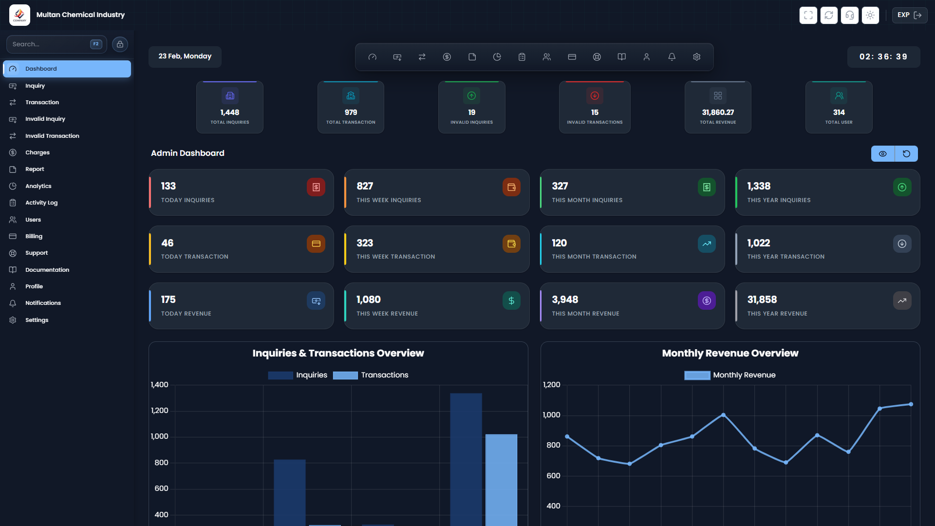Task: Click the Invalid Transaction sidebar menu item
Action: click(x=52, y=136)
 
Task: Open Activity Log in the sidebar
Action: click(x=41, y=203)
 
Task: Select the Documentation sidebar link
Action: click(x=47, y=270)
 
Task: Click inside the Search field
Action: click(x=49, y=44)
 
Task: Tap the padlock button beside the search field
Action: click(x=120, y=44)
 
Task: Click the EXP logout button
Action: click(x=909, y=15)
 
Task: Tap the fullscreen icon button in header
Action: click(x=808, y=15)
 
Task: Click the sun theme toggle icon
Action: click(x=870, y=15)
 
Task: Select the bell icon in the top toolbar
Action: click(x=672, y=57)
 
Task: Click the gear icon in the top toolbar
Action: click(x=696, y=57)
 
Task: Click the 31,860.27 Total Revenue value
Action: click(x=717, y=113)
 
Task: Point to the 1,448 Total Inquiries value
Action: click(x=229, y=113)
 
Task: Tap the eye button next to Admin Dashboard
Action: click(x=882, y=154)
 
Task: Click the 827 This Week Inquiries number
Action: click(x=364, y=186)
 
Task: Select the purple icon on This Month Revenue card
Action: click(x=706, y=301)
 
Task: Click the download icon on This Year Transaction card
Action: click(x=901, y=244)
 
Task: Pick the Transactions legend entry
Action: click(x=384, y=375)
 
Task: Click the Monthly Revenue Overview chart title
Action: click(x=729, y=353)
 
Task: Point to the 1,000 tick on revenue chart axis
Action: click(x=551, y=415)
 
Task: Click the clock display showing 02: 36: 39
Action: click(x=883, y=57)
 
